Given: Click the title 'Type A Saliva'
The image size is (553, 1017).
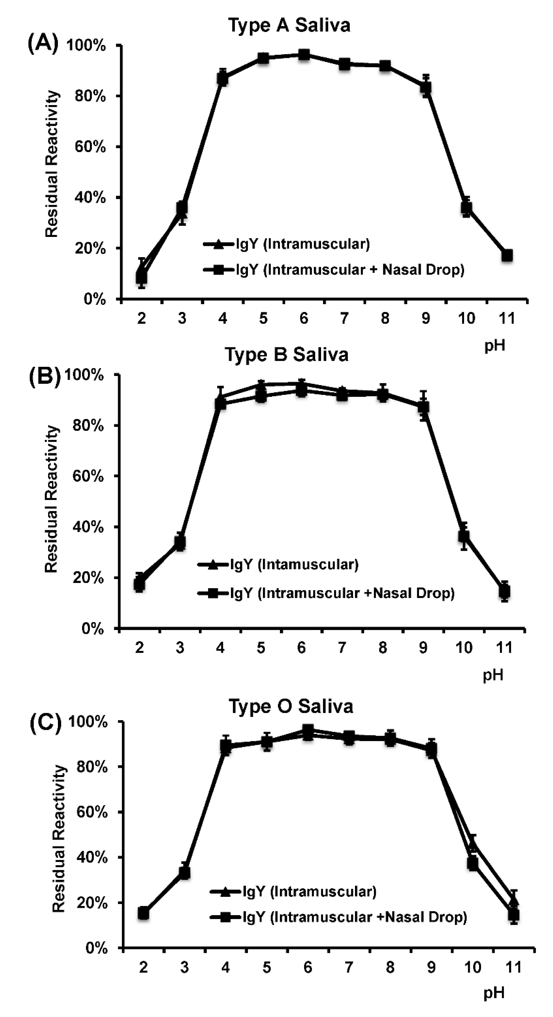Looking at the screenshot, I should (x=289, y=25).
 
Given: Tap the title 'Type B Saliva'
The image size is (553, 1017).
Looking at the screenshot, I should (x=287, y=355).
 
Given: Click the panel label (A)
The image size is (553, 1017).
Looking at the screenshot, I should (x=43, y=43).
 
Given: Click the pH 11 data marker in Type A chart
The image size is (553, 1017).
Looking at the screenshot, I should (x=507, y=255).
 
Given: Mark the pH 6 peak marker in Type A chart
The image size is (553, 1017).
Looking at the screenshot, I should (x=304, y=55).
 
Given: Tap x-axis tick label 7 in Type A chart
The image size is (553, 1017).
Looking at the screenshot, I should (x=344, y=318).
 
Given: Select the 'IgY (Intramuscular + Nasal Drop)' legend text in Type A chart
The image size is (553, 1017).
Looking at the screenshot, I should (x=350, y=270).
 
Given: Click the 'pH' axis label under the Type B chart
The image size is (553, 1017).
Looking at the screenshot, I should (x=493, y=675).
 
